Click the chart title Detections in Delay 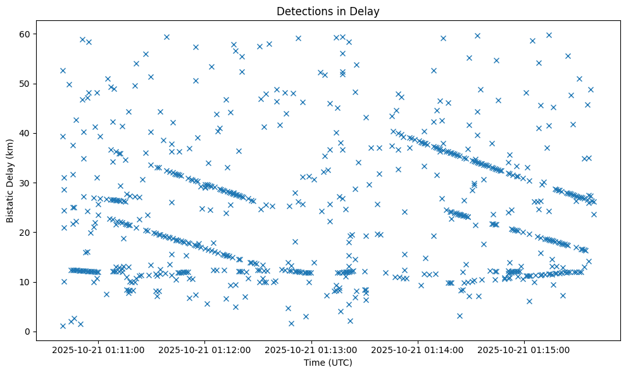click(328, 11)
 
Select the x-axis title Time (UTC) click(328, 363)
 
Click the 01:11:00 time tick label click(98, 349)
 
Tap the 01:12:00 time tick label click(205, 349)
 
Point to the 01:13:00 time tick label click(311, 349)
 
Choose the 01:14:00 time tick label click(418, 349)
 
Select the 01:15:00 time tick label click(524, 349)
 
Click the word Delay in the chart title click(366, 11)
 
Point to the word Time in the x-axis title click(314, 363)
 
